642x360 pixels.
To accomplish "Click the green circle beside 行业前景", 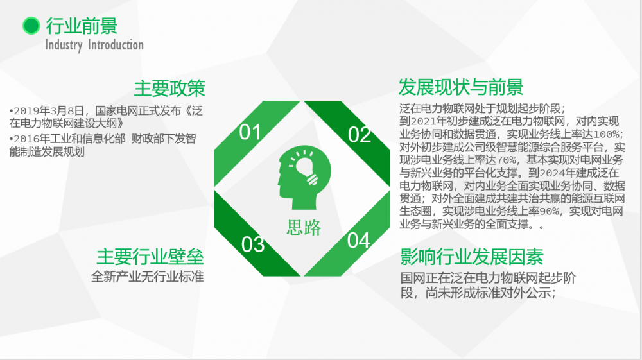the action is (31, 26).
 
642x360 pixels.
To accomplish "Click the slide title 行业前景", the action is (82, 26).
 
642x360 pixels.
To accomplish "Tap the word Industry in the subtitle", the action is (64, 45).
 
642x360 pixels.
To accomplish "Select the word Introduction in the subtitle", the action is (116, 44).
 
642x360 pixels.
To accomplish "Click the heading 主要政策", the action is (169, 89).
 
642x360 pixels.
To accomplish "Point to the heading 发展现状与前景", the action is (461, 87).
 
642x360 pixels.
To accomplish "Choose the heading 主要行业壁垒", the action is (150, 257).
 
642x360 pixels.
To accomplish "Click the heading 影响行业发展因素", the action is (472, 257).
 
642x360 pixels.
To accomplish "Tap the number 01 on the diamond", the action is (250, 132).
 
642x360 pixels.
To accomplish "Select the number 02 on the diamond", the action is (359, 135).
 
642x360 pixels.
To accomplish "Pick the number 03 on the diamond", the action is (252, 244).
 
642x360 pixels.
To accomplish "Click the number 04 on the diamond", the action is (359, 241).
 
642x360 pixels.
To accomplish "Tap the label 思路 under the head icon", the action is (304, 227).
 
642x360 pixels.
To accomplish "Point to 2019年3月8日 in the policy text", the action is (49, 111).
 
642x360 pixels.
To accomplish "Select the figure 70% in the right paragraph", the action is (507, 160).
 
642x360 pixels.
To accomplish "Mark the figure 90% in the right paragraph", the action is (549, 212).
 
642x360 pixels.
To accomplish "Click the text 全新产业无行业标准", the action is (148, 277).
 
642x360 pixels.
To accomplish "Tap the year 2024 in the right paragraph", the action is (552, 173).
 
